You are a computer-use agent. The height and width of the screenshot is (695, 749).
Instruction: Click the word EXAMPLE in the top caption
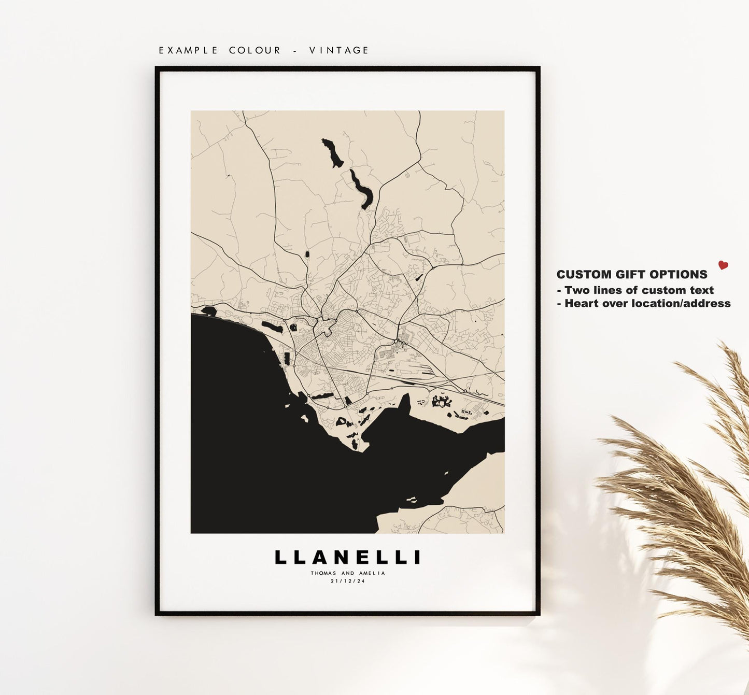[x=189, y=50]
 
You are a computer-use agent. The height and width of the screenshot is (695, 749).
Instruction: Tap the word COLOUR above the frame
[x=255, y=50]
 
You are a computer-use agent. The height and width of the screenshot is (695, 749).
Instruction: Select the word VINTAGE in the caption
[x=339, y=50]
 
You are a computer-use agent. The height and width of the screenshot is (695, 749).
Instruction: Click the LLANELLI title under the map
[x=347, y=557]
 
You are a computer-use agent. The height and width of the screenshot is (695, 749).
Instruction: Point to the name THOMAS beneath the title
[x=323, y=573]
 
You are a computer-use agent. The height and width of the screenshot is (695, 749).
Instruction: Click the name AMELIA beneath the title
[x=372, y=573]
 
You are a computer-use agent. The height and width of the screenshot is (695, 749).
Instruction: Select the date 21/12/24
[x=347, y=581]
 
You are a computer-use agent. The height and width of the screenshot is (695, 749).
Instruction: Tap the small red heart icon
[x=723, y=265]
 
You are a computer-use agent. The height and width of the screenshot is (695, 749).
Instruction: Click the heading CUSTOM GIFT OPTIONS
[x=632, y=275]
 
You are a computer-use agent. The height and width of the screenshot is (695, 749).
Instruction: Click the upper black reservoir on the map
[x=332, y=153]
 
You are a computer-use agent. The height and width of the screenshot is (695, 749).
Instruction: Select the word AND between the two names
[x=348, y=573]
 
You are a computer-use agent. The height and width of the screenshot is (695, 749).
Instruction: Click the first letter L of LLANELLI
[x=280, y=557]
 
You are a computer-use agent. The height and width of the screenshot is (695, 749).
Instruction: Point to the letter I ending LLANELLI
[x=418, y=557]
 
